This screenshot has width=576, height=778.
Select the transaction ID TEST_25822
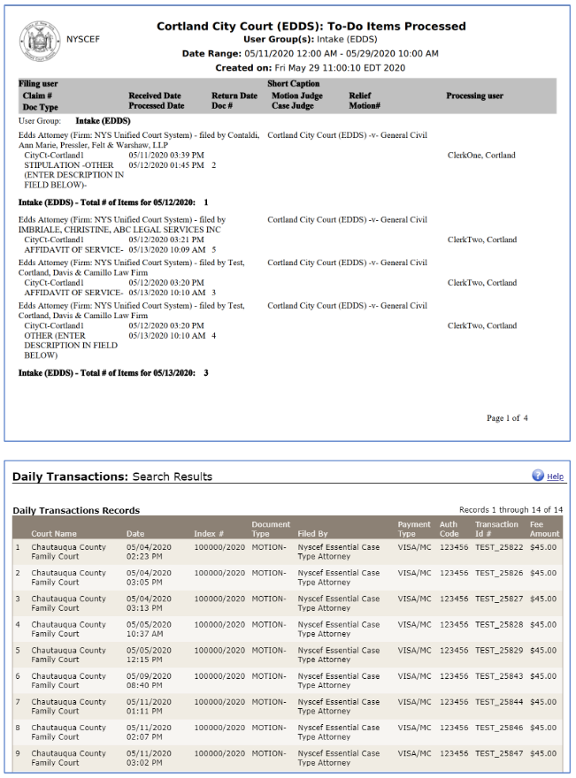pyautogui.click(x=499, y=547)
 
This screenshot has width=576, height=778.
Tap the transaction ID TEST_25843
pyautogui.click(x=499, y=676)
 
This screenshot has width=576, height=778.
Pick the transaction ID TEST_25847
pyautogui.click(x=499, y=753)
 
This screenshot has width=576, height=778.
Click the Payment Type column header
pyautogui.click(x=413, y=529)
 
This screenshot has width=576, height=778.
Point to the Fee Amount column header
pyautogui.click(x=544, y=529)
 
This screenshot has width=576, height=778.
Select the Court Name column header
pyautogui.click(x=54, y=534)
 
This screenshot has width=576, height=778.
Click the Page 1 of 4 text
pyautogui.click(x=507, y=418)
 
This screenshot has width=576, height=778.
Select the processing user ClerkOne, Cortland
pyautogui.click(x=481, y=156)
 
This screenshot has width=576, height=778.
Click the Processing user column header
pyautogui.click(x=474, y=95)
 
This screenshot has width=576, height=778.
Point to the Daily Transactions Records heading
pyautogui.click(x=76, y=511)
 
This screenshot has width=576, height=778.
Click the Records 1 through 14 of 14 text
pyautogui.click(x=511, y=510)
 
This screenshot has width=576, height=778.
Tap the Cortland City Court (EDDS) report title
pyautogui.click(x=311, y=27)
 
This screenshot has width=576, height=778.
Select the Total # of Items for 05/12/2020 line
pyautogui.click(x=113, y=202)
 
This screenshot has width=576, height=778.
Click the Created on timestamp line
pyautogui.click(x=310, y=67)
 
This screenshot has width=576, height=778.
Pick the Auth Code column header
pyautogui.click(x=449, y=529)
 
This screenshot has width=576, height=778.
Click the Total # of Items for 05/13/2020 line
pyautogui.click(x=113, y=373)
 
